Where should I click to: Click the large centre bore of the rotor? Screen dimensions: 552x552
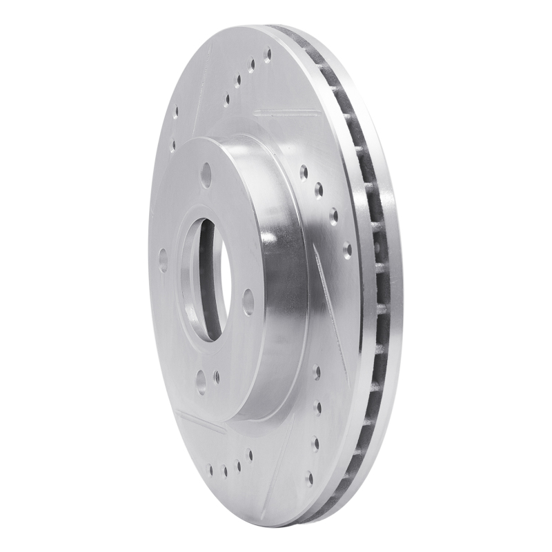tap(203, 279)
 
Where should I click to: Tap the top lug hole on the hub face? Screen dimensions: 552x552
tap(206, 175)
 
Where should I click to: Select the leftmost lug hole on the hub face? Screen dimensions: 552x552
tap(163, 260)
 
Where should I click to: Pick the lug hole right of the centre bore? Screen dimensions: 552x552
tap(248, 302)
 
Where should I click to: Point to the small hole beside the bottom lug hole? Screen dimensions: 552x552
tap(216, 377)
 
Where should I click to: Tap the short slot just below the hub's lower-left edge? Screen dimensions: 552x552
tap(200, 422)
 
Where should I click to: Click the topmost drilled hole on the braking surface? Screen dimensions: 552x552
tap(268, 54)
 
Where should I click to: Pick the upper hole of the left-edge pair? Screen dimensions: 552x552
tap(175, 111)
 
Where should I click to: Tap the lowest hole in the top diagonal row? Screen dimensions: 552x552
tap(226, 99)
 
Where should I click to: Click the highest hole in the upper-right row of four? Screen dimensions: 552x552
tap(304, 170)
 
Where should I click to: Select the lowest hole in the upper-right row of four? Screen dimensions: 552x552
tap(347, 248)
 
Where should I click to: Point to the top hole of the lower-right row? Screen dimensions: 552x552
tap(317, 373)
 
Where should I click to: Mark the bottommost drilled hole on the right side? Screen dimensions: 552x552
tap(310, 477)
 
